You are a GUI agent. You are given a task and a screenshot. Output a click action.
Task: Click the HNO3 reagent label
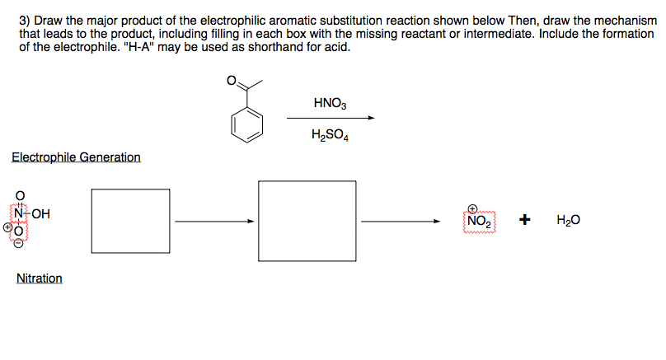point(331,104)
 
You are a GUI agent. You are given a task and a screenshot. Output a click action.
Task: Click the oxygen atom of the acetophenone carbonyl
point(232,81)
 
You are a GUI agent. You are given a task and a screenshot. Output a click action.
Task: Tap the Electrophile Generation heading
point(76,157)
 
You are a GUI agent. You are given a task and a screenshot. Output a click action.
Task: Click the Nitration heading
point(40,278)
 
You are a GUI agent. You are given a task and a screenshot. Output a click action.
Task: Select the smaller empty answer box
point(124,221)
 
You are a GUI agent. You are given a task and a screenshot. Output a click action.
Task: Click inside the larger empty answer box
point(307,221)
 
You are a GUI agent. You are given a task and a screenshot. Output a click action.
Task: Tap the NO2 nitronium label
point(478,222)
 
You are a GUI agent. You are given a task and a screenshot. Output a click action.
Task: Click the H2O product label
point(568,221)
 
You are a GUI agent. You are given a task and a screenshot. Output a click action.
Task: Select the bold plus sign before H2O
point(524,220)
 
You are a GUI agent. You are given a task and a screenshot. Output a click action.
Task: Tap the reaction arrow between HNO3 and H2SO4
point(331,119)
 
